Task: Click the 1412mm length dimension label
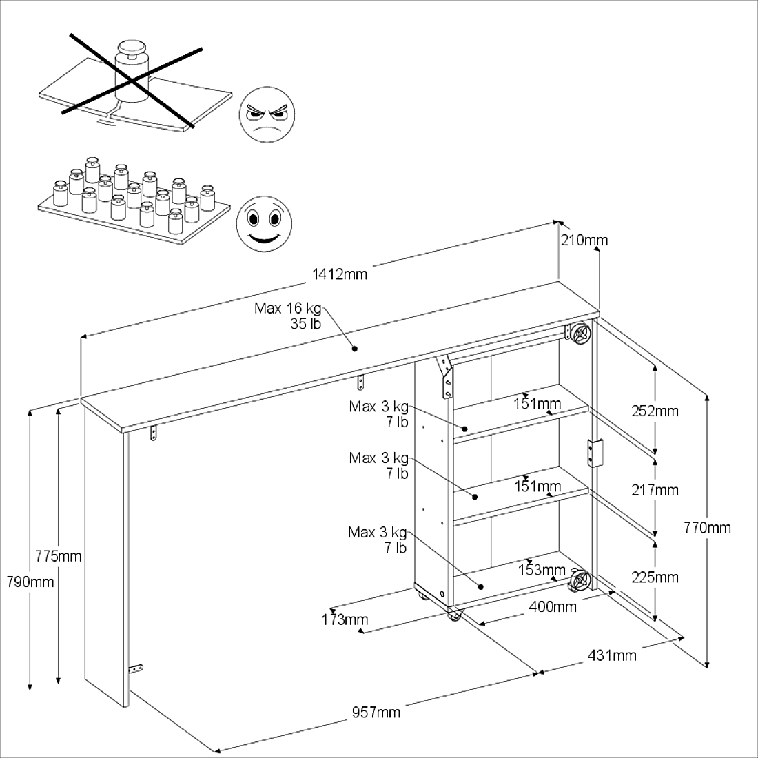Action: click(x=340, y=274)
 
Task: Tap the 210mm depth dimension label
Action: click(x=584, y=240)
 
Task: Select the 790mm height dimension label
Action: click(x=30, y=582)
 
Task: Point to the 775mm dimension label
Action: click(x=59, y=556)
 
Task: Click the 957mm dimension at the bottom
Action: click(x=376, y=712)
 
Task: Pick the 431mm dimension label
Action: click(x=612, y=655)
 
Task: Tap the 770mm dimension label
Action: click(x=707, y=528)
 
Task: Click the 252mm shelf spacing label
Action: click(x=655, y=411)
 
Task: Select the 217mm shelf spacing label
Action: click(x=655, y=490)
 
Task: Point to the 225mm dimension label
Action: click(x=655, y=577)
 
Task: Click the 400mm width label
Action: click(x=553, y=606)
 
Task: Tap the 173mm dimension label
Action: click(x=345, y=619)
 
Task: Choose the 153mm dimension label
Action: click(x=542, y=570)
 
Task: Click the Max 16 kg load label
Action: click(x=287, y=316)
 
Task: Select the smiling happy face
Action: click(x=264, y=224)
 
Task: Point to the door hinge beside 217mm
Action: click(x=595, y=453)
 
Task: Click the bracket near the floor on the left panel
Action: click(x=136, y=668)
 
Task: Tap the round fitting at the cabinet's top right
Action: click(x=579, y=333)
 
